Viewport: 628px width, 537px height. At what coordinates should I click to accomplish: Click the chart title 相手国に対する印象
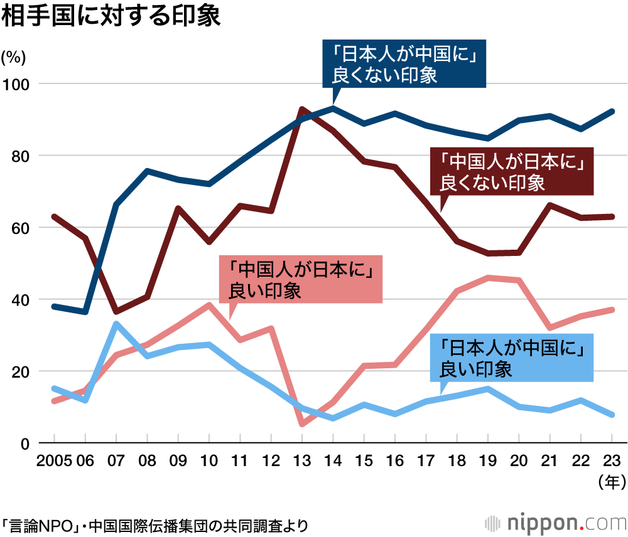(x=111, y=17)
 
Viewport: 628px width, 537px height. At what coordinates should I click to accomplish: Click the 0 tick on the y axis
(x=25, y=444)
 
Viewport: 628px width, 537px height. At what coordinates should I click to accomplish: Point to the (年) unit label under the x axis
(x=610, y=482)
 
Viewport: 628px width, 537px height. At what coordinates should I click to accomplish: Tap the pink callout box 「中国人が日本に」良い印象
(x=300, y=280)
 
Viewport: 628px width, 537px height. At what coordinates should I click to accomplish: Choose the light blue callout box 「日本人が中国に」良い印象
(x=512, y=358)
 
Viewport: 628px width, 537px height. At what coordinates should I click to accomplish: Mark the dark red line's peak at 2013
(x=302, y=109)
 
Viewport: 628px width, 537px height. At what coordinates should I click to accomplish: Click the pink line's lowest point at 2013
(x=302, y=424)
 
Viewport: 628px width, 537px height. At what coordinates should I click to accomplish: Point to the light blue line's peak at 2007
(x=116, y=324)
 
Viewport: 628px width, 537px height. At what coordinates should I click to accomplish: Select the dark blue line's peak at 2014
(x=333, y=108)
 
